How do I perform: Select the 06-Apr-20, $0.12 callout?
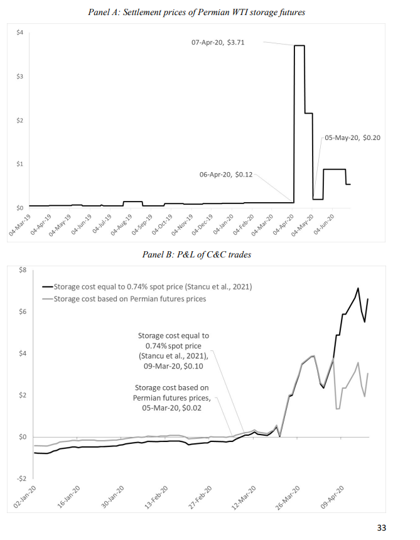(x=226, y=175)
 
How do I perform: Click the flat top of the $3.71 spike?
(x=299, y=46)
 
